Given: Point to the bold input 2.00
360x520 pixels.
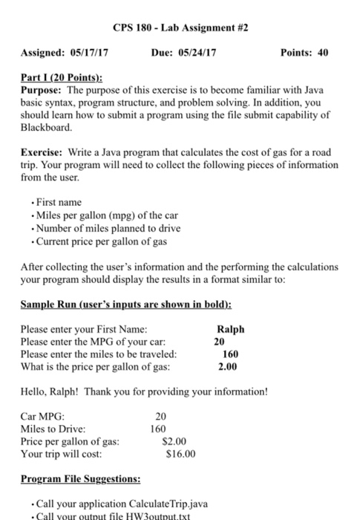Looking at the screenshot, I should pos(228,366).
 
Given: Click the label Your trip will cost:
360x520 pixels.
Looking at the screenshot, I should pos(62,453).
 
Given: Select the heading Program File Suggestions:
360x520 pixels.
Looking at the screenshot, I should pos(82,479).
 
